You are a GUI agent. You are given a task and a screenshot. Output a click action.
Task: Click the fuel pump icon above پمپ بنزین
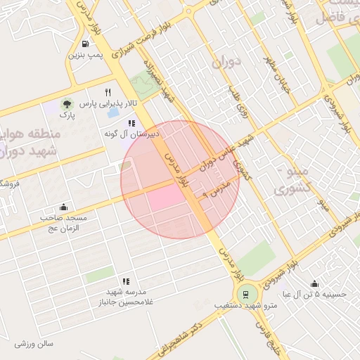pos(86,43)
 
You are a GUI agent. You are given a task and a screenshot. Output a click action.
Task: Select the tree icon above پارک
pos(67,103)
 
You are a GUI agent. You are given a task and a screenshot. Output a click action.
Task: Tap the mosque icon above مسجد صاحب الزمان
pos(64,207)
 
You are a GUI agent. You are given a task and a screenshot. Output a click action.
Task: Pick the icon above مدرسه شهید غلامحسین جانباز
pos(126,281)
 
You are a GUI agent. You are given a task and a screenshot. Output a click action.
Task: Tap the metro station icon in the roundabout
pos(245,294)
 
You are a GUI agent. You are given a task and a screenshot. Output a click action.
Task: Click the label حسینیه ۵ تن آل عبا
pos(314,295)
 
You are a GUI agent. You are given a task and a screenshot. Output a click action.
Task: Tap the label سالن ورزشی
pos(33,344)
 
